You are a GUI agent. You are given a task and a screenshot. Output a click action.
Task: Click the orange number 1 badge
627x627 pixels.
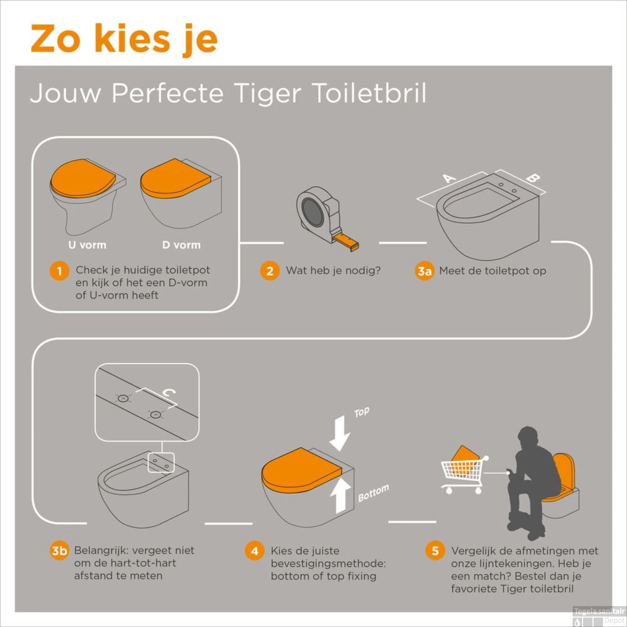click(x=59, y=271)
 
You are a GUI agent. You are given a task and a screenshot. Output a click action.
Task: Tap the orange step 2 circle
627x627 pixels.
click(x=270, y=271)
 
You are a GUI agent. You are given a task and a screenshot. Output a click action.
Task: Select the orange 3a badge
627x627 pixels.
click(x=424, y=271)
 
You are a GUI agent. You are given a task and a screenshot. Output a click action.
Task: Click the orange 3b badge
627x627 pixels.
click(x=59, y=551)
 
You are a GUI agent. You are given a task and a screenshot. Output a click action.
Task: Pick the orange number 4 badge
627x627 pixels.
click(x=255, y=551)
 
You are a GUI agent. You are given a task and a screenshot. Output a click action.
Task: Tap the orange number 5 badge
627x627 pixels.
click(x=435, y=551)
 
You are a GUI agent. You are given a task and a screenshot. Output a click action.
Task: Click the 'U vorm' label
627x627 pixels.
click(x=87, y=245)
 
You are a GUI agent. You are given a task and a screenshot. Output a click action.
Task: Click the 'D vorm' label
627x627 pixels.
click(x=181, y=245)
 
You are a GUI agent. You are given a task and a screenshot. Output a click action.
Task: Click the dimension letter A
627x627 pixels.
click(x=449, y=178)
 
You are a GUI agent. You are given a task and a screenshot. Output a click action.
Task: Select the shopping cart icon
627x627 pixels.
click(x=462, y=472)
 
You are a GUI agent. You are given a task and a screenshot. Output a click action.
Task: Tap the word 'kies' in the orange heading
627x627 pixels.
click(x=133, y=39)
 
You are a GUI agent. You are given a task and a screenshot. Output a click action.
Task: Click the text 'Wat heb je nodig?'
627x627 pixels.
click(x=333, y=270)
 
